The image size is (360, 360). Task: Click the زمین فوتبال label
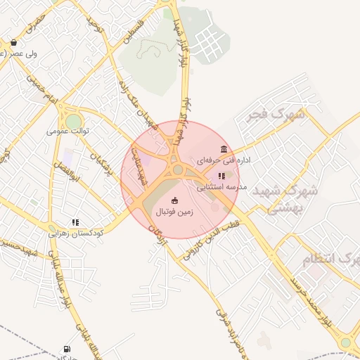pyautogui.click(x=174, y=210)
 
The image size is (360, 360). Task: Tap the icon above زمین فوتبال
pyautogui.click(x=175, y=200)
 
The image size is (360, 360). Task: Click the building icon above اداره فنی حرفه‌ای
pyautogui.click(x=224, y=149)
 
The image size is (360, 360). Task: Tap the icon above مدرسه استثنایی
pyautogui.click(x=221, y=176)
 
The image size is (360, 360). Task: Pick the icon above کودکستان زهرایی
pyautogui.click(x=75, y=222)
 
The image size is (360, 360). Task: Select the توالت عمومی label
pyautogui.click(x=67, y=131)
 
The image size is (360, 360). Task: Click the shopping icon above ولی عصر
pyautogui.click(x=13, y=43)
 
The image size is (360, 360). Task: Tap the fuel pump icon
pyautogui.click(x=67, y=348)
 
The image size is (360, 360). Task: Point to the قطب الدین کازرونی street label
pyautogui.click(x=210, y=240)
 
